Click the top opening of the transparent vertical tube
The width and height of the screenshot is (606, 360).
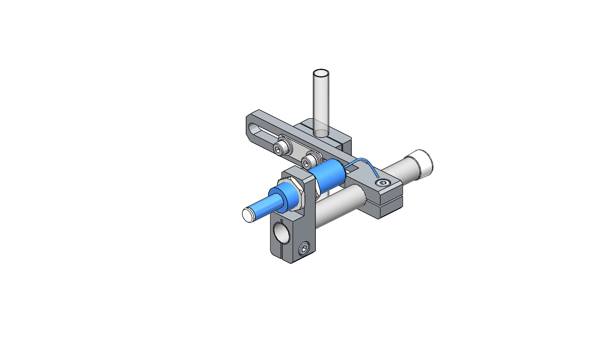pos(321,73)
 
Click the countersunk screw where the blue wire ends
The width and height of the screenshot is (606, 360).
pos(382,183)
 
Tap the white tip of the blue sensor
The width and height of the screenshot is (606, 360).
pos(248,215)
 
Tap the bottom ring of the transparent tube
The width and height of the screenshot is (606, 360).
pos(321,133)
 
